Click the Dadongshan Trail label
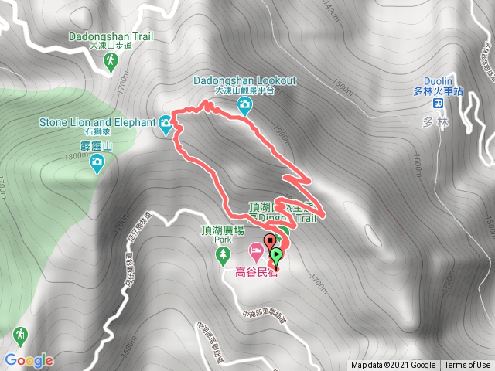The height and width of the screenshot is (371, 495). tap(110, 35)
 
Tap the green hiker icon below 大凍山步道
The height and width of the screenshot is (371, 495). tap(110, 63)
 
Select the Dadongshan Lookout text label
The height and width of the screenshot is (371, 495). tap(244, 80)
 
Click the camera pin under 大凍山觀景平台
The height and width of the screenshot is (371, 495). tap(244, 105)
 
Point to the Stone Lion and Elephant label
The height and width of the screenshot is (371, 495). tap(97, 121)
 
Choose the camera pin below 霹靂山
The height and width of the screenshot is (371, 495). tap(97, 162)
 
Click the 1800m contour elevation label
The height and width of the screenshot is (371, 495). tap(56, 157)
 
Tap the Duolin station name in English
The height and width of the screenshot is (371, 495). tap(438, 81)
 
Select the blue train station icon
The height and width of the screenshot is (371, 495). tap(438, 102)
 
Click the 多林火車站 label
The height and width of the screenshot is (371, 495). tap(438, 91)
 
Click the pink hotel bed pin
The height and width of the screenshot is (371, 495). tap(254, 251)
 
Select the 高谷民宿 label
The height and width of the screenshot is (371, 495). tap(254, 271)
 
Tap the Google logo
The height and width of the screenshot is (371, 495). tap(29, 360)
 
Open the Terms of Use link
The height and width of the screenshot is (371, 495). tap(467, 366)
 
